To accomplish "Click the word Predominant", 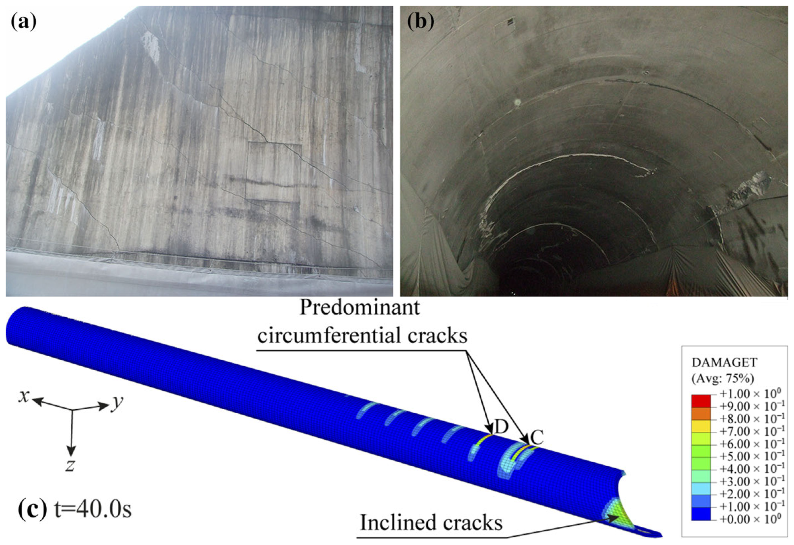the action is point(359,308).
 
